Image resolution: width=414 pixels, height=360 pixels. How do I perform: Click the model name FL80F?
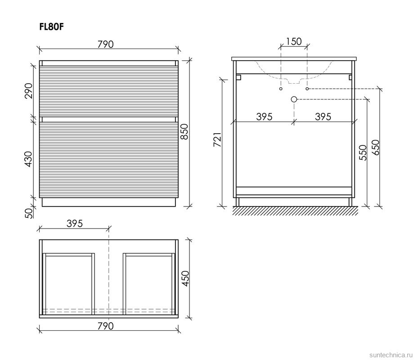51,27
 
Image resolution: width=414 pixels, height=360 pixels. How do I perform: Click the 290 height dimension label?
28,90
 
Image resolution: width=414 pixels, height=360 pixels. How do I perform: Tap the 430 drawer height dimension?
28,159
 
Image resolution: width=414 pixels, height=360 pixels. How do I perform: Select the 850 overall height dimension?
184,131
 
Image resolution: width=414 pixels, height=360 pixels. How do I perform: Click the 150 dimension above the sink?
293,41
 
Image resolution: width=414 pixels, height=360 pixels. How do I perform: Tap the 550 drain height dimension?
363,153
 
